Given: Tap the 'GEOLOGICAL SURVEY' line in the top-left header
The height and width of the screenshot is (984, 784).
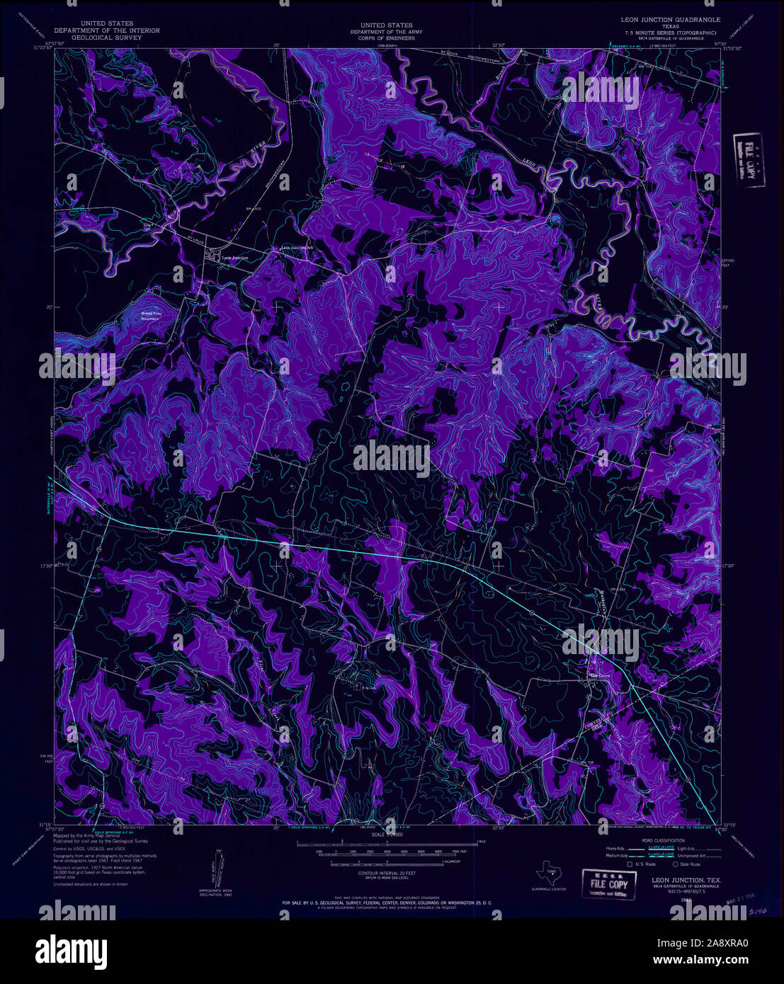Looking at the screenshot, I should click(106, 38).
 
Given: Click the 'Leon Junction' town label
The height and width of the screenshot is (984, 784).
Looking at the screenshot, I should click(235, 258).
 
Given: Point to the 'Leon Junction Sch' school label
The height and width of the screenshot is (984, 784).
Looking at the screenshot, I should click(297, 248).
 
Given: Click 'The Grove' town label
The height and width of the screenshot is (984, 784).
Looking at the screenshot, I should click(599, 676).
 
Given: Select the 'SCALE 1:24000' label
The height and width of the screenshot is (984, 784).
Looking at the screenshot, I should click(386, 835).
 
